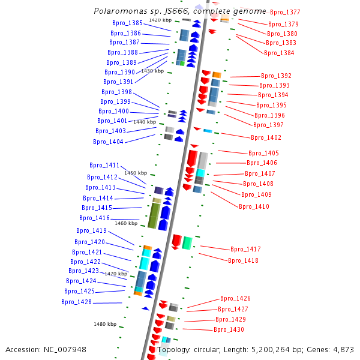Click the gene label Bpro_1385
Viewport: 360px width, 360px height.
127,23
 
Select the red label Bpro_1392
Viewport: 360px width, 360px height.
276,76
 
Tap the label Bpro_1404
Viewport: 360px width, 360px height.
108,142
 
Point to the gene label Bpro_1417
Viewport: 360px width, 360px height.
245,249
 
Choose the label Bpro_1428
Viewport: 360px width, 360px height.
76,302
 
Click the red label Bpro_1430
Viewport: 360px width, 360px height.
229,329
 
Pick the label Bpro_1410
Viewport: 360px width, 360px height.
254,206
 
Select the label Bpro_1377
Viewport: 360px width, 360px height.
285,12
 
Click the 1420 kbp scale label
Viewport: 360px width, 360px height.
160,20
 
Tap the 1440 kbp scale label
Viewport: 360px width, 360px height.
145,122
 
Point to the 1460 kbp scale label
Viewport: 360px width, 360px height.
125,223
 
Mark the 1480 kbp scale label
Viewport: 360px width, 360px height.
105,324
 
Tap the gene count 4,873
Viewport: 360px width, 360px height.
342,349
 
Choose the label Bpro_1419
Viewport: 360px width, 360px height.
91,230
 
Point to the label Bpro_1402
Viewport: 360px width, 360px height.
266,137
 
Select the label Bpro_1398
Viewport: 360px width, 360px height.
116,92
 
